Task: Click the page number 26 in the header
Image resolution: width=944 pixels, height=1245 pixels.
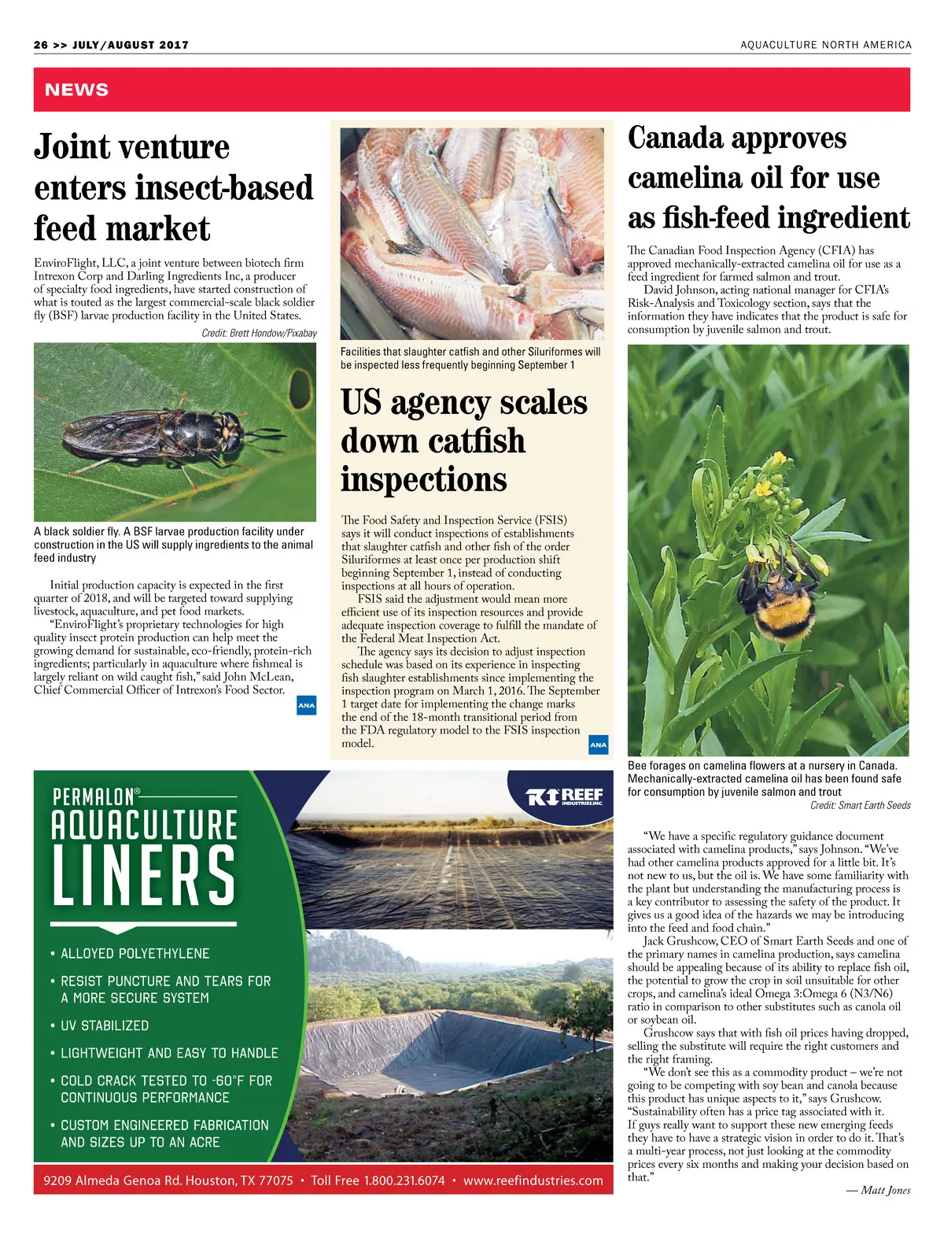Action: click(41, 45)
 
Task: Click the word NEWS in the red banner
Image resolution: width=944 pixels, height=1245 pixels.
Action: click(76, 90)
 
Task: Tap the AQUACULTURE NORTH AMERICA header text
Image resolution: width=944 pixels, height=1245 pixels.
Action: click(826, 45)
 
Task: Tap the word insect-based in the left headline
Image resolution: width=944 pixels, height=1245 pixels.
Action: click(224, 188)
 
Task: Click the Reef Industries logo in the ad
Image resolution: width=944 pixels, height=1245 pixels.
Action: click(564, 796)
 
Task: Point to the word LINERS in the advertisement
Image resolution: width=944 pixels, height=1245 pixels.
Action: click(144, 876)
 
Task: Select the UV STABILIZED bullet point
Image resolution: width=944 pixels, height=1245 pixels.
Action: click(105, 1025)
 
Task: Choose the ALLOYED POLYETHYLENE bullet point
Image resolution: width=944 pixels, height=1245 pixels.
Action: click(135, 953)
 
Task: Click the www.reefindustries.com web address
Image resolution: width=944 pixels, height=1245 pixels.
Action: click(533, 1180)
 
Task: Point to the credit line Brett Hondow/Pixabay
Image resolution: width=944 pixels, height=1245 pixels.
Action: click(259, 333)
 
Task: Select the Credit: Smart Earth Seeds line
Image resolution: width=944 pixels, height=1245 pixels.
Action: click(860, 805)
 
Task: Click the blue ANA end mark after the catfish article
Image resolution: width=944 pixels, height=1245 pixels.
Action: click(598, 744)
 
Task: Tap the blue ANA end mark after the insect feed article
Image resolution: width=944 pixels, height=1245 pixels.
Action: click(306, 705)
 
